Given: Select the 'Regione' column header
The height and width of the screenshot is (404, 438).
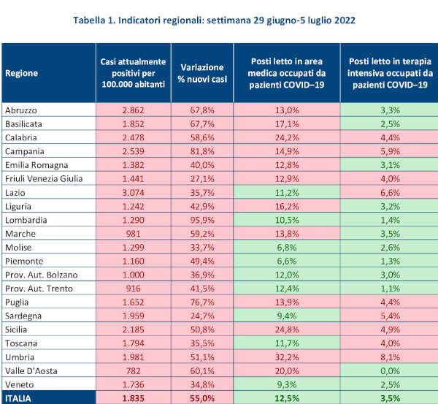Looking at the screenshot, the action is [21, 73].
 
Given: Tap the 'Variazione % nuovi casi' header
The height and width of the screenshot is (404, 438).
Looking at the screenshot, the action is [202, 73].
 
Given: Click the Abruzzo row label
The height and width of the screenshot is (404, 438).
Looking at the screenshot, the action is [21, 110].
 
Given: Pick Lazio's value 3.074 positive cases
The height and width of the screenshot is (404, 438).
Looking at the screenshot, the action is [134, 193].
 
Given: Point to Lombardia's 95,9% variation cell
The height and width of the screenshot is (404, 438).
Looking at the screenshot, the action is [202, 220].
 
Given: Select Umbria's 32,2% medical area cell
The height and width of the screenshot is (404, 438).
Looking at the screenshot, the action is [287, 357].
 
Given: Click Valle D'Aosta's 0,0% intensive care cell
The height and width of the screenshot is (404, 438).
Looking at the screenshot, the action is [391, 370].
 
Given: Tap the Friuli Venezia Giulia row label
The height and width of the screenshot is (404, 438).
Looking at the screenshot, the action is [44, 179].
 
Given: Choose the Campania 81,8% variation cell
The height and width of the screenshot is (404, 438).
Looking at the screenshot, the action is [202, 151].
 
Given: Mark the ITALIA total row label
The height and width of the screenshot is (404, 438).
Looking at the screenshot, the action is [18, 398].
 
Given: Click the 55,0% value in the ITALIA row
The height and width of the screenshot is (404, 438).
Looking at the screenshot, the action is [202, 398].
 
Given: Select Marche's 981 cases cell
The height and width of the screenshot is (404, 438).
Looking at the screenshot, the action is [134, 234].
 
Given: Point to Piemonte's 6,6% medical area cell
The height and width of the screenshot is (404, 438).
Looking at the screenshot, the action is [287, 261].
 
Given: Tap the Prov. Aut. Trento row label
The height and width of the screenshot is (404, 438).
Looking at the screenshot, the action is [39, 289].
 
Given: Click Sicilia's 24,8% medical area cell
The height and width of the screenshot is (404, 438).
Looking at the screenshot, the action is [287, 329].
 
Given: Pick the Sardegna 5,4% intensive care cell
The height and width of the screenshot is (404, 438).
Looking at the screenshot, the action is [391, 316].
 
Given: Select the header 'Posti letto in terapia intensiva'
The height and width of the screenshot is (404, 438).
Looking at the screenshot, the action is [390, 67].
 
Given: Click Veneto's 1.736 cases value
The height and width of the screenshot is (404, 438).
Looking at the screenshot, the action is [134, 384].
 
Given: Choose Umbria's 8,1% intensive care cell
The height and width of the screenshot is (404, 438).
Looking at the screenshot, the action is [391, 357].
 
